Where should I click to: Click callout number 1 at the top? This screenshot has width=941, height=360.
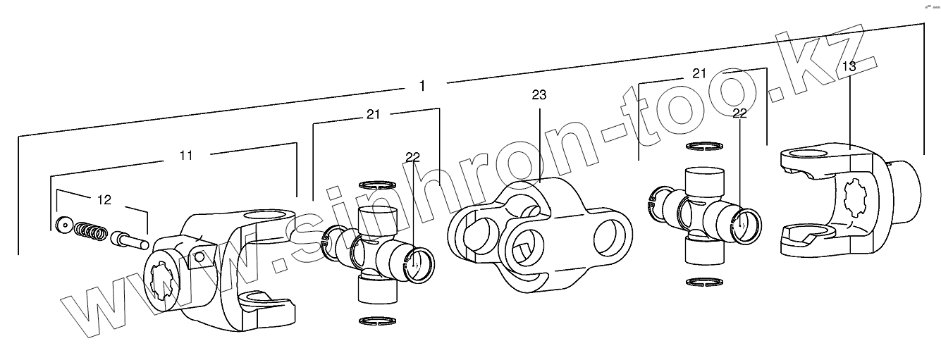422,86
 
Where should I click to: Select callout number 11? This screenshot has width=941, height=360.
185,155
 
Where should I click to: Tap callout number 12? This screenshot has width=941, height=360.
104,200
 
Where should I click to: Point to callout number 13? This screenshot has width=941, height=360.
849,66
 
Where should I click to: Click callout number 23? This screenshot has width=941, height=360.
539,95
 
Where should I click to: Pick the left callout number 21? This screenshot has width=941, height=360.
373,114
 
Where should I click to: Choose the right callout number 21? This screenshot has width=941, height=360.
699,73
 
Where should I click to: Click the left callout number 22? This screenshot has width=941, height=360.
412,156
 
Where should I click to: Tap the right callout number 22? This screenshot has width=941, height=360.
739,112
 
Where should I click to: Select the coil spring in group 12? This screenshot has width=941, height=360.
92,230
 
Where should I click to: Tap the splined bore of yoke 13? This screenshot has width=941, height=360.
855,199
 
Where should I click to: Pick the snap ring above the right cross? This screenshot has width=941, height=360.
703,147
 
